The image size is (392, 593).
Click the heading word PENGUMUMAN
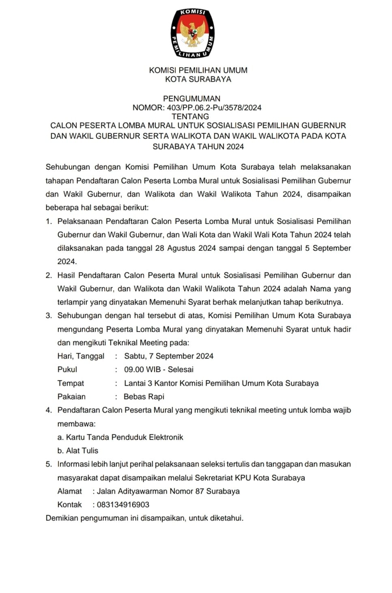[x=192, y=99]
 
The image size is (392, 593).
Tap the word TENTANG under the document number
[x=190, y=116]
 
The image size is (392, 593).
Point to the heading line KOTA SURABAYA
[x=198, y=79]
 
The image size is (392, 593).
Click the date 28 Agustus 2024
[x=185, y=248]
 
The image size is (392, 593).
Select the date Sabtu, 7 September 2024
[x=169, y=356]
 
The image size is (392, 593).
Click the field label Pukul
[x=67, y=369]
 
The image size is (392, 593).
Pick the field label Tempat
[x=71, y=383]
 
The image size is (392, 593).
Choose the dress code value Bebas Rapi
[x=144, y=397]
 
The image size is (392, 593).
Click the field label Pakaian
[x=71, y=397]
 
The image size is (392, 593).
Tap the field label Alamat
[x=69, y=491]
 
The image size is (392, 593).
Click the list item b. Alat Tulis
[x=78, y=451]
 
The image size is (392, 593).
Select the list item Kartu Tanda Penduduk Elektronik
[x=125, y=437]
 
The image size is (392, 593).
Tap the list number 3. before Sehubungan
[x=49, y=316]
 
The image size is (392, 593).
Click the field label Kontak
[x=69, y=505]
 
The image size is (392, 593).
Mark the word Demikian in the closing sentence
[x=62, y=518]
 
